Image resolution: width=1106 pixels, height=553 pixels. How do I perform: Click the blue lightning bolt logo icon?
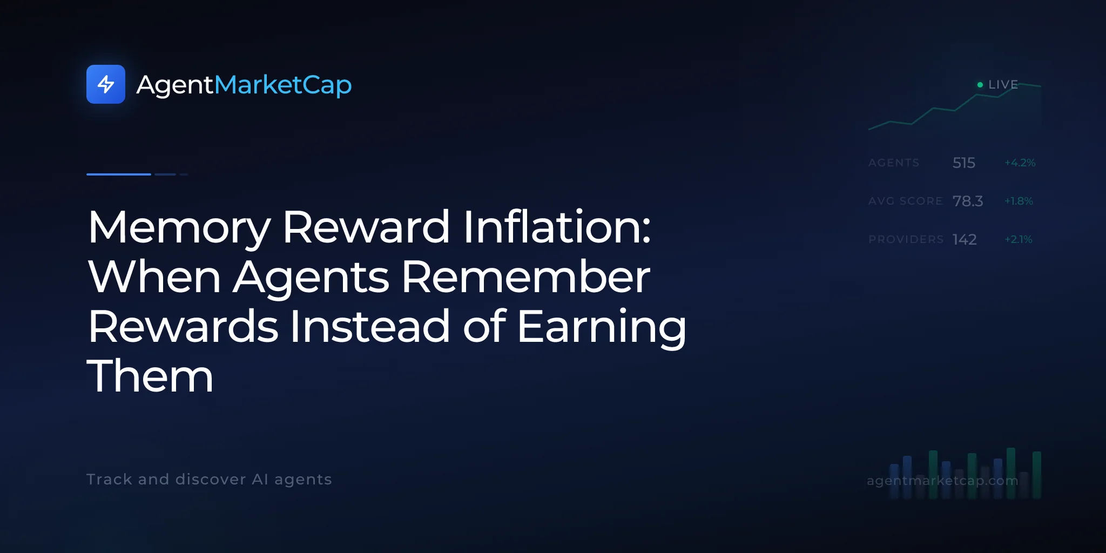coord(106,84)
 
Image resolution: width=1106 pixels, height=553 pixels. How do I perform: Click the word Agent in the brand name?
coord(176,85)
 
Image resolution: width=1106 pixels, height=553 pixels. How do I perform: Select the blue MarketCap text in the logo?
coord(283,85)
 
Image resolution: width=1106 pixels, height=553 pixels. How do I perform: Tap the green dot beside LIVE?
coord(980,85)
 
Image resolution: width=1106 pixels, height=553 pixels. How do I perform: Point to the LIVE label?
coord(1003,85)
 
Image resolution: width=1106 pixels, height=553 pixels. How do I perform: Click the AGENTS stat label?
coord(894,163)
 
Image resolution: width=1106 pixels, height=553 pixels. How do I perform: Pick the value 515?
coord(964,163)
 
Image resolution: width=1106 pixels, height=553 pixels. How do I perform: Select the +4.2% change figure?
coord(1020,163)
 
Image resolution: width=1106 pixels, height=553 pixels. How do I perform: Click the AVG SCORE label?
coord(905,201)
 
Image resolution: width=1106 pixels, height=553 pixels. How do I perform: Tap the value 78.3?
coord(968,201)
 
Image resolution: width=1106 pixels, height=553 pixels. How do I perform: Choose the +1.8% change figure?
coord(1019,201)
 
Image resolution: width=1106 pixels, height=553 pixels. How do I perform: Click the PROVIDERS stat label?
coord(906,239)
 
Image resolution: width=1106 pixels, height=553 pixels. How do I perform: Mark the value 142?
coord(965,239)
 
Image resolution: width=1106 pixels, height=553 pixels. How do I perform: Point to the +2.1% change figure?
coord(1019,239)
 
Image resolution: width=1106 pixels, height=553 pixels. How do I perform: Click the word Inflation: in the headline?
coord(557,227)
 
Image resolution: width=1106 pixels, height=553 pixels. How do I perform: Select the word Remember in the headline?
coord(526,276)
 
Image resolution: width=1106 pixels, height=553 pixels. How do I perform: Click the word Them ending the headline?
coord(150,376)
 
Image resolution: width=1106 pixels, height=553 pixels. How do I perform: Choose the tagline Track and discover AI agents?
coord(209,480)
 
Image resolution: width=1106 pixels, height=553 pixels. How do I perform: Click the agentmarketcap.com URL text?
coord(942,481)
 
